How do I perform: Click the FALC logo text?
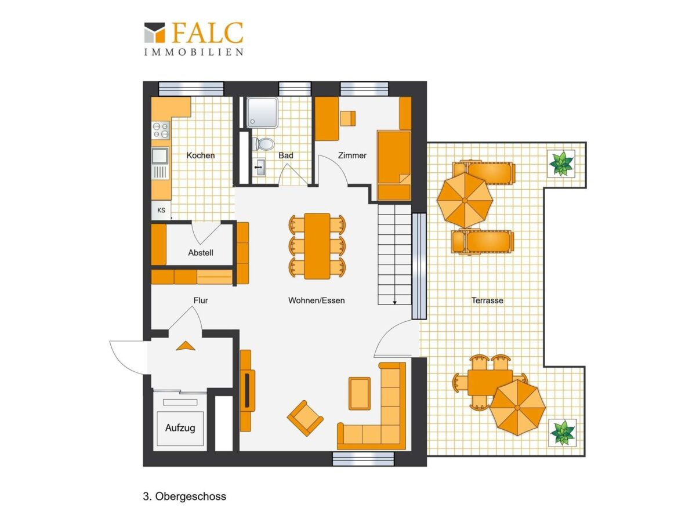point(208,32)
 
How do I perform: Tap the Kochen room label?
point(201,155)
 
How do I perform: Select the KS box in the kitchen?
point(161,210)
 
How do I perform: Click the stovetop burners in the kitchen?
point(161,130)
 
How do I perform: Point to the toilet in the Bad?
point(263,144)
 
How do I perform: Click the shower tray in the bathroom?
point(262,113)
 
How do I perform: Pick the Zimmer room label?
point(352,155)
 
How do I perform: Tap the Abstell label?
point(201,253)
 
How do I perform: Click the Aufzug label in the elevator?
point(180,428)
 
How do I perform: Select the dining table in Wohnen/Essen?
point(317,246)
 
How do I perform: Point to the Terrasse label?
point(487,300)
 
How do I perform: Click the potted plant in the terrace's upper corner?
point(561,164)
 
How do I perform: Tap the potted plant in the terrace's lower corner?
point(562,432)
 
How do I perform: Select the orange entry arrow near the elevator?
point(186,346)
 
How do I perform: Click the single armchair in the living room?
point(305,418)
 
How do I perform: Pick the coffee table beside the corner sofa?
point(359,393)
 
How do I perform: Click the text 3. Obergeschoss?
point(184,496)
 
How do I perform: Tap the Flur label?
point(201,300)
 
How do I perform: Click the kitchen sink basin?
point(159,155)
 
